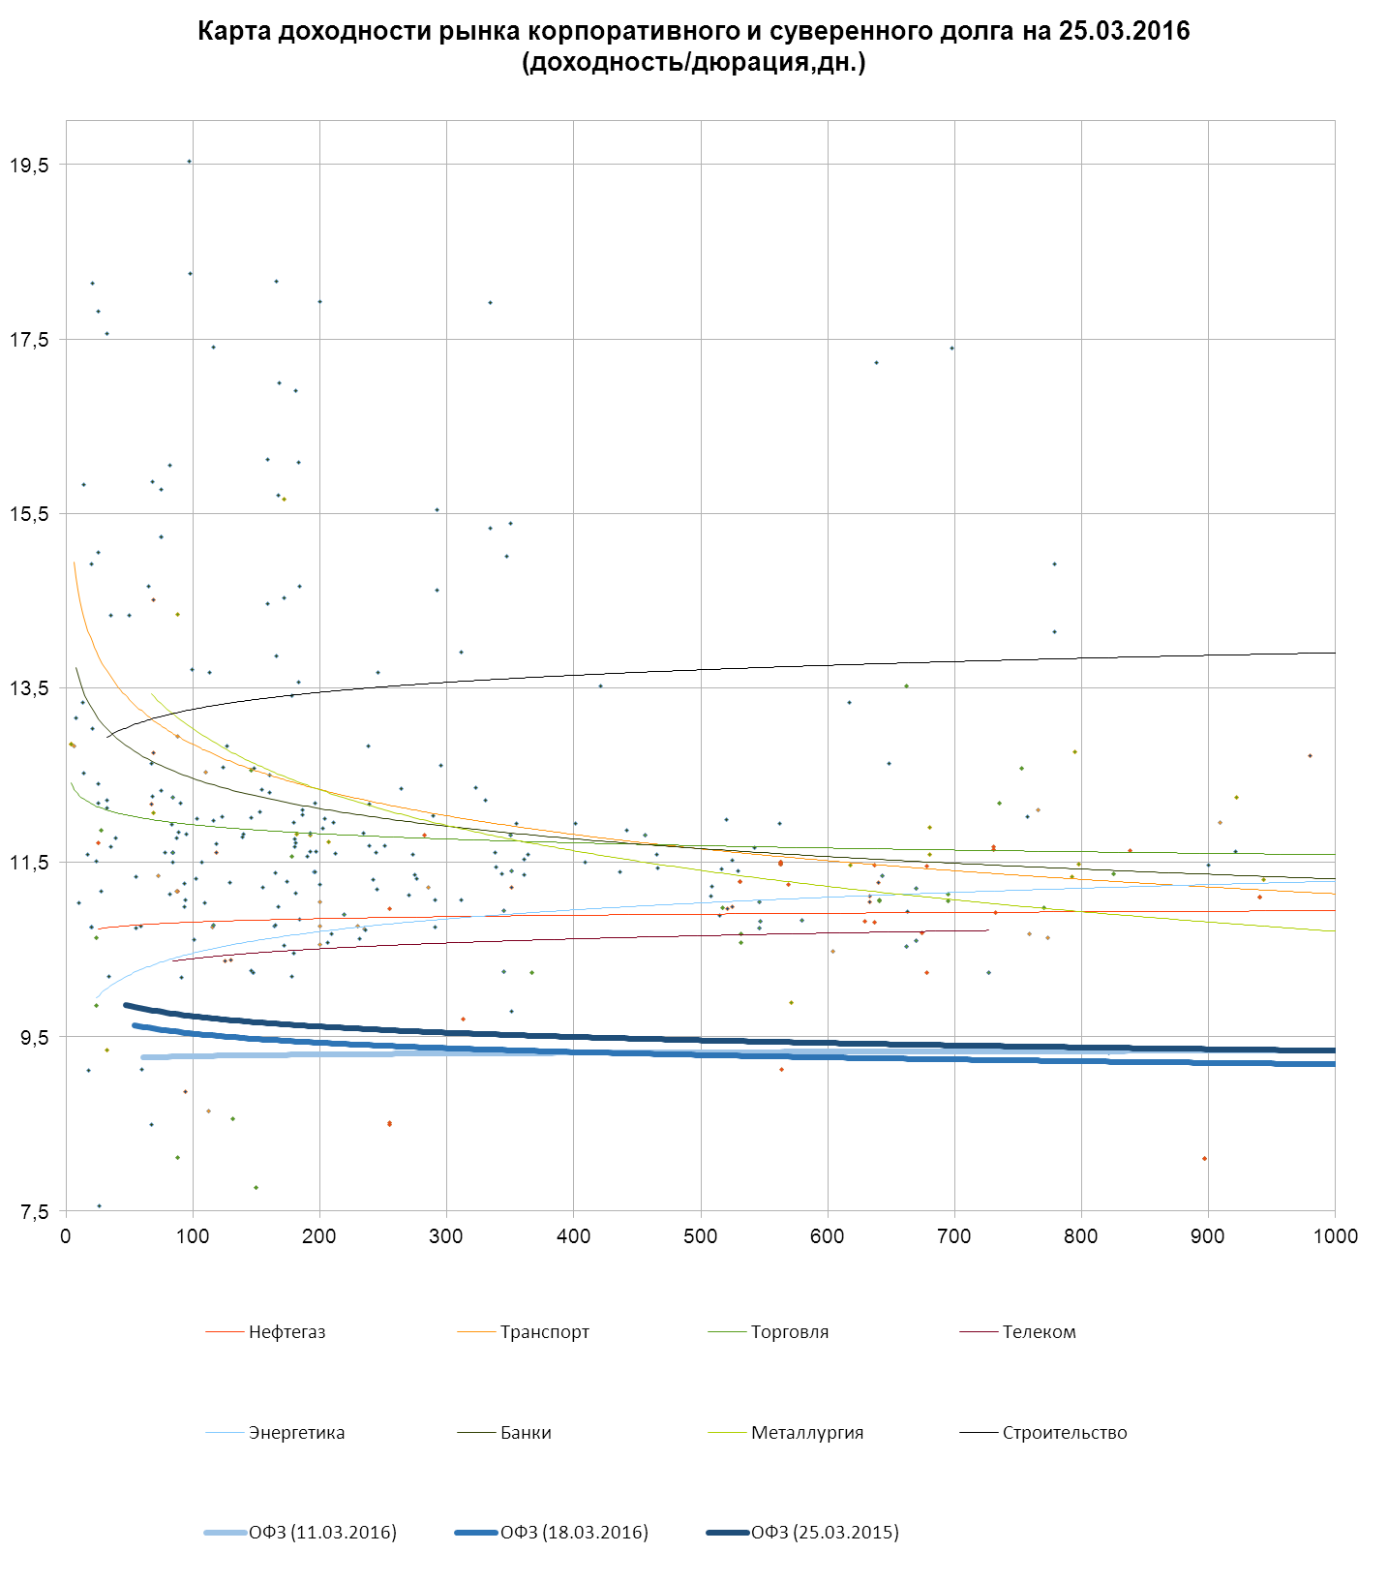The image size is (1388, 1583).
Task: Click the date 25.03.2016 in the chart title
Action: [x=1124, y=31]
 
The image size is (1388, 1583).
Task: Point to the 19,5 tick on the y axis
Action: [x=30, y=166]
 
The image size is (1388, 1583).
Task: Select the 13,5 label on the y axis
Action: [x=30, y=688]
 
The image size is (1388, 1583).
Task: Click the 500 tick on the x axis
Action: [x=701, y=1236]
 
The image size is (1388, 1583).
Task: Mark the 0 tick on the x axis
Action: [x=66, y=1236]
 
